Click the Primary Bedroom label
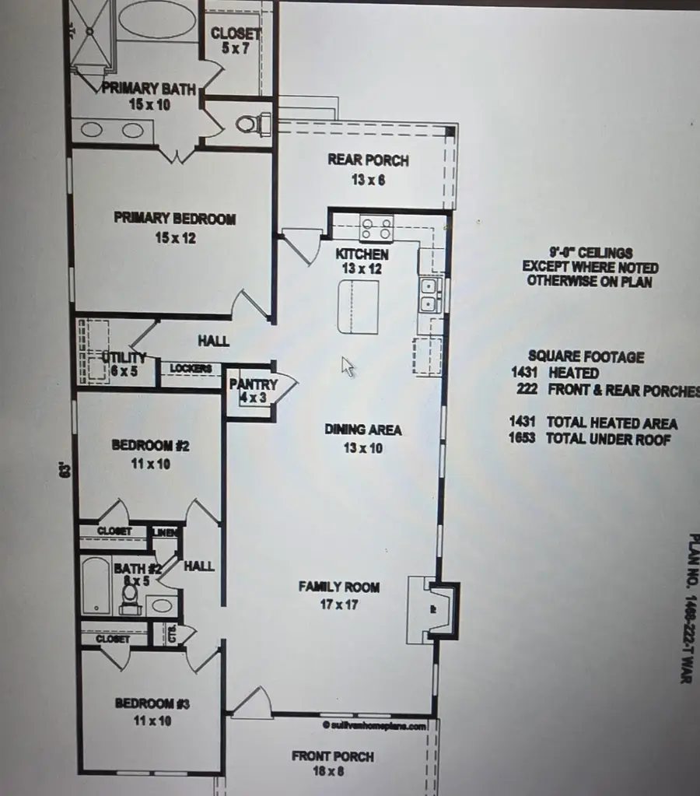(x=174, y=219)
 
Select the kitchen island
(x=358, y=306)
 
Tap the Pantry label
(x=254, y=384)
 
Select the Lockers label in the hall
(x=191, y=368)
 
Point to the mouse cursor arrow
(x=348, y=366)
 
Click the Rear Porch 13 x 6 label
(x=368, y=169)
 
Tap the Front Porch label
(x=332, y=756)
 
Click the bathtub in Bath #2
(x=96, y=585)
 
